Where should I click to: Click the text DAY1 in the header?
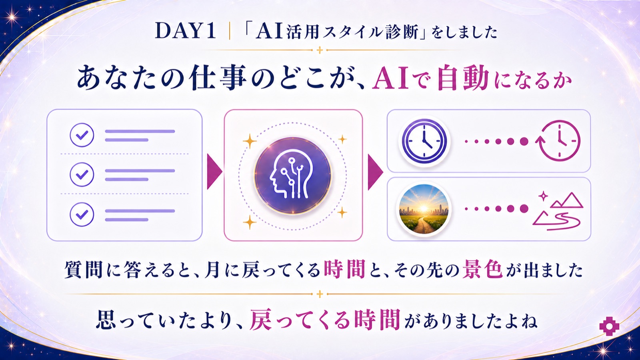(x=185, y=31)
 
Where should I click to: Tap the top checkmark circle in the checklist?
(x=82, y=135)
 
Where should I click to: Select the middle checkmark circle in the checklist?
(x=82, y=174)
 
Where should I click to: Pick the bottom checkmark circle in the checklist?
(x=82, y=214)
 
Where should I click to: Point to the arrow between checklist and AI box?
(x=214, y=172)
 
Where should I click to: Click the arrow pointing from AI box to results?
(x=375, y=172)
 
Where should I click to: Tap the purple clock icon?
(x=424, y=141)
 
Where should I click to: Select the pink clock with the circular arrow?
(x=558, y=141)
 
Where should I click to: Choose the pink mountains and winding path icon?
(x=558, y=212)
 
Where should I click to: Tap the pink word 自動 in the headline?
(x=463, y=78)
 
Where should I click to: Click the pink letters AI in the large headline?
(x=390, y=78)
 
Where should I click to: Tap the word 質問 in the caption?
(x=83, y=270)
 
